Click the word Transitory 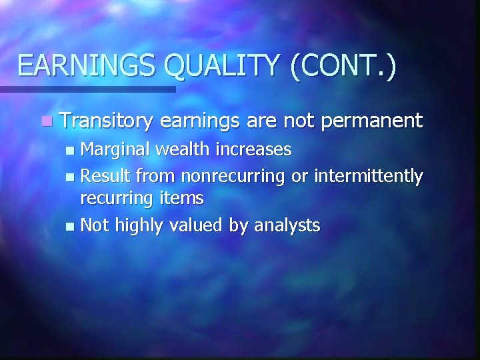tap(107, 121)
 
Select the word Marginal tap(115, 149)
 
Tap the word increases tap(257, 149)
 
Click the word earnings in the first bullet tap(201, 121)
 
